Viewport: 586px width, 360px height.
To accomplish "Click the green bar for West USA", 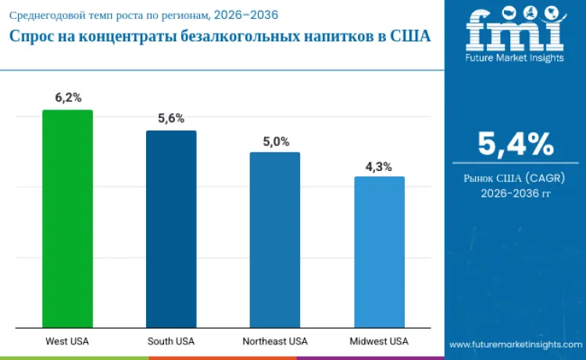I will (67, 219).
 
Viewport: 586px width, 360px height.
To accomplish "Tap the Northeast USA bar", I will (275, 240).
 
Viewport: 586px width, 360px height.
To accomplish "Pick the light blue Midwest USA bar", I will (379, 252).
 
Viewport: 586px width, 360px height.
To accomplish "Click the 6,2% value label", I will (67, 98).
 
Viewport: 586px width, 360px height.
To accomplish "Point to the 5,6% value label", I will (171, 119).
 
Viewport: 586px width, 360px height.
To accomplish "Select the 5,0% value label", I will (275, 141).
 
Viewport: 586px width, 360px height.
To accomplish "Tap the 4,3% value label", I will (379, 166).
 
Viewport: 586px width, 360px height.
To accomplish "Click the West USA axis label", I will (67, 341).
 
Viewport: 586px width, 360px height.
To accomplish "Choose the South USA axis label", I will (171, 341).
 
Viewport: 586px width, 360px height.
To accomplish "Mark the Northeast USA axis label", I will (275, 341).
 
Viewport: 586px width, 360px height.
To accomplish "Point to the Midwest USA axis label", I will (379, 341).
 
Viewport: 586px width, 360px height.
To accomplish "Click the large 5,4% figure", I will (515, 144).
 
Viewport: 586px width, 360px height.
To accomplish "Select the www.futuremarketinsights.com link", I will (516, 344).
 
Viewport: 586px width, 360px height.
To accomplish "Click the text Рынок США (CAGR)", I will (515, 178).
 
